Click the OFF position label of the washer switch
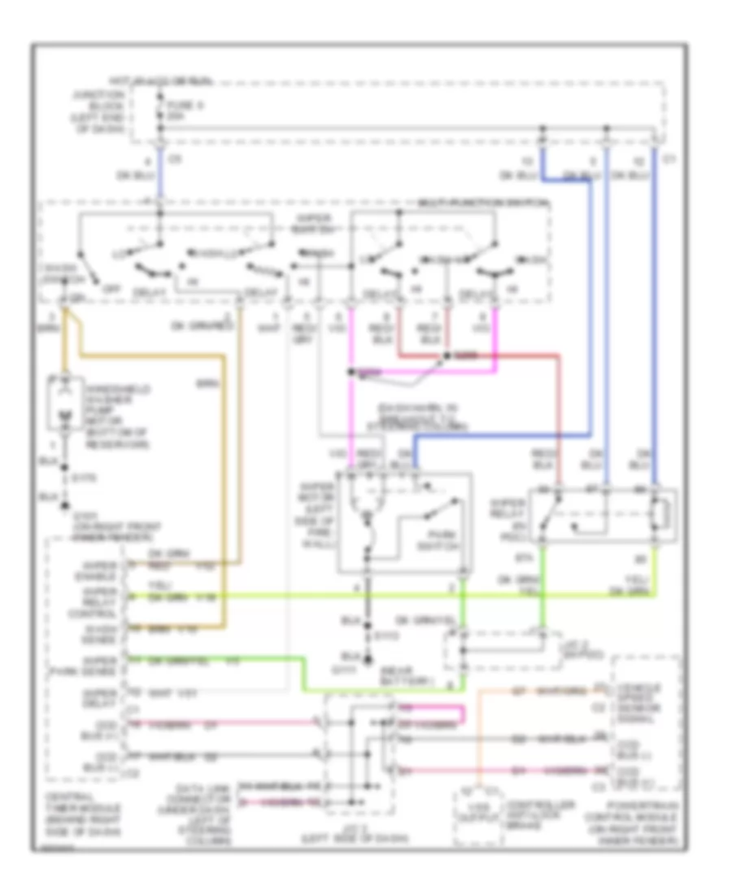coord(102,286)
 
